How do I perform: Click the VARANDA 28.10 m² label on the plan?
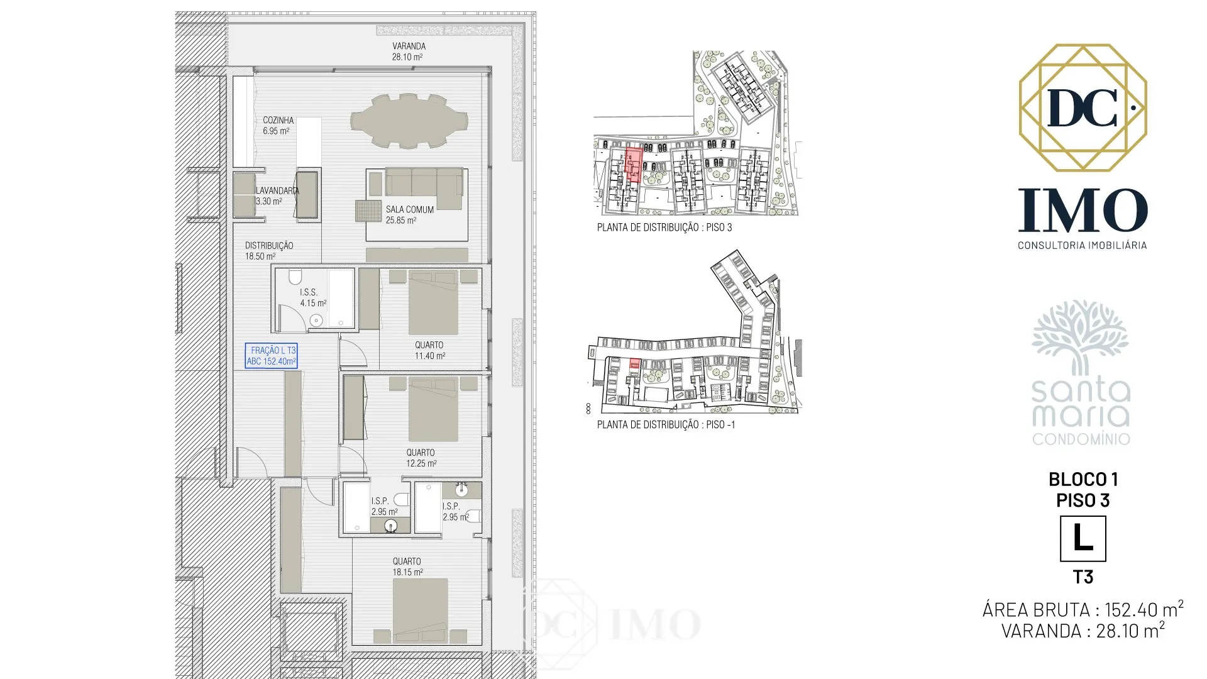pyautogui.click(x=409, y=51)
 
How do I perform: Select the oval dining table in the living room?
pyautogui.click(x=409, y=121)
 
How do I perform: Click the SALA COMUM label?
pyautogui.click(x=409, y=215)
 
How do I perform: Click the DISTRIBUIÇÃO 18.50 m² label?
pyautogui.click(x=268, y=251)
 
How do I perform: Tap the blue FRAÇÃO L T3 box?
pyautogui.click(x=272, y=356)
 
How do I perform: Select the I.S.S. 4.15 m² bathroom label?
pyautogui.click(x=311, y=297)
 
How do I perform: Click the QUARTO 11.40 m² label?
pyautogui.click(x=429, y=350)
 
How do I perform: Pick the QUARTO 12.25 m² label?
pyautogui.click(x=421, y=458)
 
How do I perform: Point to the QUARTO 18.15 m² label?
pyautogui.click(x=407, y=566)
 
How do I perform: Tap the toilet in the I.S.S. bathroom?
pyautogui.click(x=294, y=277)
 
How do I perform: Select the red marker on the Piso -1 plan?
pyautogui.click(x=635, y=362)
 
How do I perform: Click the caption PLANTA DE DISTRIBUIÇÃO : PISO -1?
pyautogui.click(x=666, y=424)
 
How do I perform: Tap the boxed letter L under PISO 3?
pyautogui.click(x=1083, y=539)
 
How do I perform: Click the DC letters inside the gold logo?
pyautogui.click(x=1083, y=108)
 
